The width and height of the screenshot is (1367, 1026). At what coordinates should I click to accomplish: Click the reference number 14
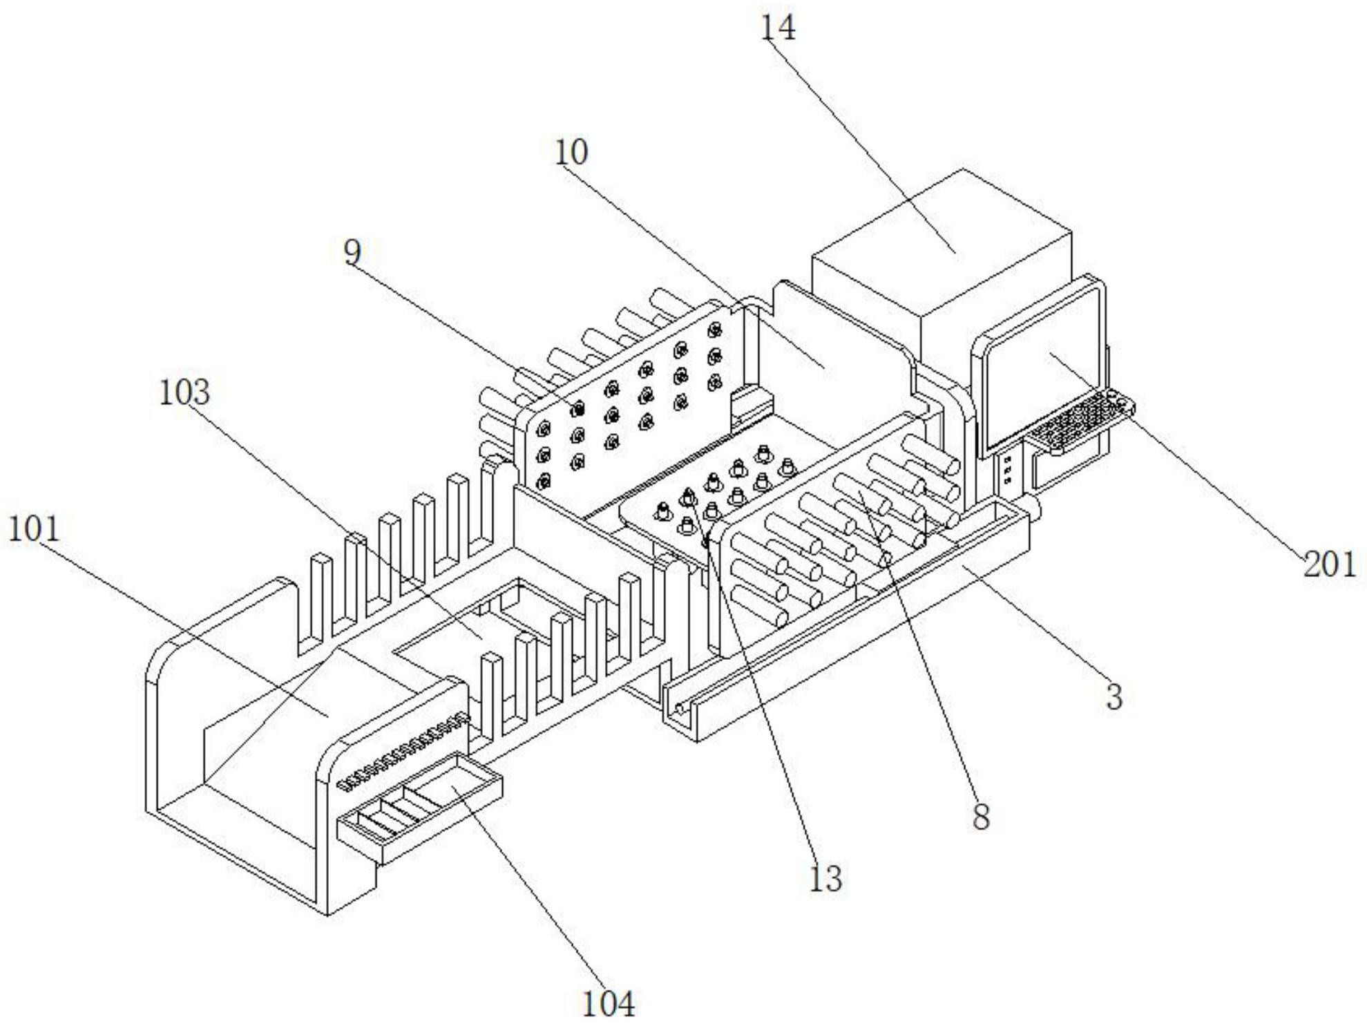[778, 28]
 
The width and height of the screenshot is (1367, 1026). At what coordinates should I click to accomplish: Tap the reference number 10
[571, 152]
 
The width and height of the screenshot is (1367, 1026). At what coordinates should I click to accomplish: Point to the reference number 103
[184, 392]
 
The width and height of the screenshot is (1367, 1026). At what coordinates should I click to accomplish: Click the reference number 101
[34, 529]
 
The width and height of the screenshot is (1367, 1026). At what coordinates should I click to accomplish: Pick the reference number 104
[608, 1003]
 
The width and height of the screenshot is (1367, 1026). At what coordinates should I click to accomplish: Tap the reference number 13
[825, 879]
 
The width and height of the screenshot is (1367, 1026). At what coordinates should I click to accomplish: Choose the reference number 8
[981, 817]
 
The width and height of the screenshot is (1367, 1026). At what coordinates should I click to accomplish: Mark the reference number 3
[1114, 696]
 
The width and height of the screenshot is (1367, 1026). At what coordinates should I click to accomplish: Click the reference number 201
[1330, 564]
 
